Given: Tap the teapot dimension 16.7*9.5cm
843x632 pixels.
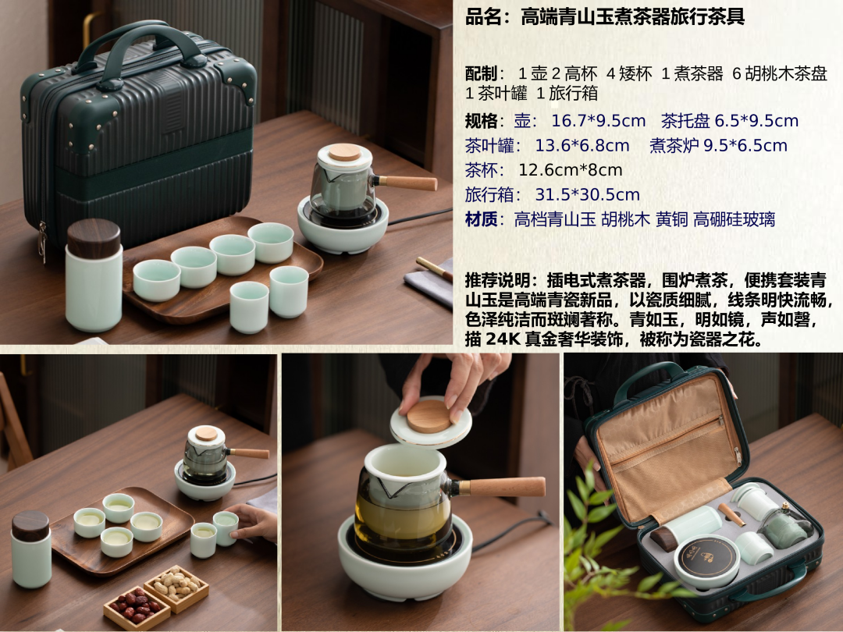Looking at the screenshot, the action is point(599,121).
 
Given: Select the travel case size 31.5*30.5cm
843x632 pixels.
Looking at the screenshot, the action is point(587,194).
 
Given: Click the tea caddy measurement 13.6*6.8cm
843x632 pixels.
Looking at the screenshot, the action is point(582,146).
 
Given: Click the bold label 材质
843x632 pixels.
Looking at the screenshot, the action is point(481,219).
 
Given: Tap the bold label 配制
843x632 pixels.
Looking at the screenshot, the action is point(481,73).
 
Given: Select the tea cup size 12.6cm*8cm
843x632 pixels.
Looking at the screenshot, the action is point(571,170).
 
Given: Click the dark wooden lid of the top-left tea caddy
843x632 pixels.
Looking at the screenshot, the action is point(94,238).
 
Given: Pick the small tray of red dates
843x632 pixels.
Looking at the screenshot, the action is point(137,608).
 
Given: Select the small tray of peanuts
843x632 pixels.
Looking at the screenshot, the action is point(176,588).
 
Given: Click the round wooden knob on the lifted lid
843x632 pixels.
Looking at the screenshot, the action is point(429,417).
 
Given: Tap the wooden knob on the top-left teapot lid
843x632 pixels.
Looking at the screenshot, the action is point(345,152).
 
